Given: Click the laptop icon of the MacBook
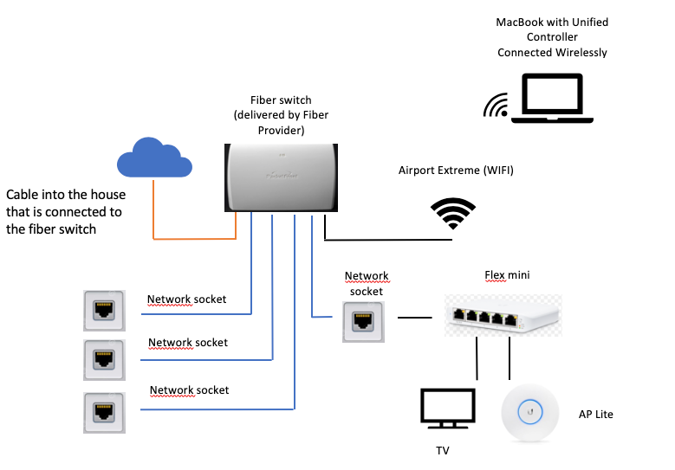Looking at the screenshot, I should coord(553,98).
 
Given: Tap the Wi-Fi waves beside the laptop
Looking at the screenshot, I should coord(496,106).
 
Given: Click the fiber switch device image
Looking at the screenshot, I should coord(276,177).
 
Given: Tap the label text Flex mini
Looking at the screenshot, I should coord(506,275).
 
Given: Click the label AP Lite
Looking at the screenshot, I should coord(595,415).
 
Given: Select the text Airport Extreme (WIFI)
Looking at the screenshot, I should coord(456,171).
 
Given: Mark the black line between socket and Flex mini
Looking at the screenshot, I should coord(414,318).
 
